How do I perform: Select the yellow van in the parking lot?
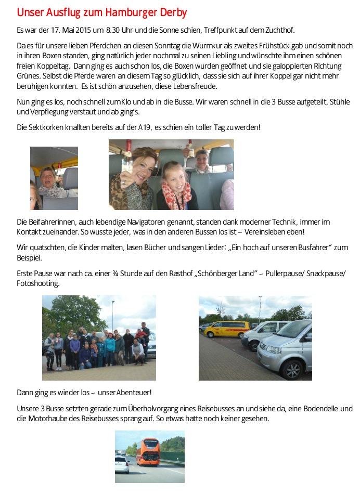coord(227,329)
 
